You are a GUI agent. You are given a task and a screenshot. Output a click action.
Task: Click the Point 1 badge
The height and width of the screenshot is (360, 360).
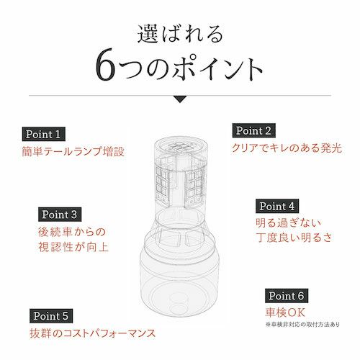click(44, 134)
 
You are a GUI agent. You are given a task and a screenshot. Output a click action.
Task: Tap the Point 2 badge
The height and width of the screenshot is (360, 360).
click(253, 130)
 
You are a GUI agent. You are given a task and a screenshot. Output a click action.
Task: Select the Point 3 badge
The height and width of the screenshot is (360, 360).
click(60, 215)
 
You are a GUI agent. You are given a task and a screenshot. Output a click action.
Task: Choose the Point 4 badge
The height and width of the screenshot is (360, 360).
click(277, 206)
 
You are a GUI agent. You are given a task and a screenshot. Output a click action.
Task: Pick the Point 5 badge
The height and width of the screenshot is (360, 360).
click(51, 316)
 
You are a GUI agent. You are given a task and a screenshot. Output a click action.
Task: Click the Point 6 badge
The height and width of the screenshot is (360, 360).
click(287, 296)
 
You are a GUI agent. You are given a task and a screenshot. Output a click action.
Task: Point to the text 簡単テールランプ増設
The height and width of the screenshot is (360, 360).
click(73, 151)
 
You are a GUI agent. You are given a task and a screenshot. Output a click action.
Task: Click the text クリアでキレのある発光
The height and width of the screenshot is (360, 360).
click(287, 148)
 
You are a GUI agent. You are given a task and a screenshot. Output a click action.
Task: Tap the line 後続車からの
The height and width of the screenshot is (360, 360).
click(72, 232)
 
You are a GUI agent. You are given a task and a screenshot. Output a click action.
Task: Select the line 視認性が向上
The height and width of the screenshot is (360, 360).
click(73, 247)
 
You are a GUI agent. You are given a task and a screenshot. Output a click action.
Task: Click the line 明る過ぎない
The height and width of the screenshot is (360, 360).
click(288, 223)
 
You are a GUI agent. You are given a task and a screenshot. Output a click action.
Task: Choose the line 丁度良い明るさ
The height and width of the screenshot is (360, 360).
click(294, 238)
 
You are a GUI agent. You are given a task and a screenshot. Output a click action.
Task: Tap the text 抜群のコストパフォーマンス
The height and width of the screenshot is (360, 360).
click(93, 333)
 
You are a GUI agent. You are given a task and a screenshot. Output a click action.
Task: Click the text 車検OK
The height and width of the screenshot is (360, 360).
click(285, 312)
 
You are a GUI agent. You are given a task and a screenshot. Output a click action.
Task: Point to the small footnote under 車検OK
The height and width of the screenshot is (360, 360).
click(302, 325)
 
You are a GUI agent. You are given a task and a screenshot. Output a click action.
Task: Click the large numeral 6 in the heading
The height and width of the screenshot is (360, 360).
click(105, 65)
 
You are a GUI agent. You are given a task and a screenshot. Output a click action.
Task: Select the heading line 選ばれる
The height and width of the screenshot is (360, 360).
click(180, 35)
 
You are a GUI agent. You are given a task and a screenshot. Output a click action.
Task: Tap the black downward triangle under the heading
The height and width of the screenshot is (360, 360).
click(180, 99)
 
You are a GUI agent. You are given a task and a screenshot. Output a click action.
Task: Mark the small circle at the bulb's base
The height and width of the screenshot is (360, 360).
click(178, 304)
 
